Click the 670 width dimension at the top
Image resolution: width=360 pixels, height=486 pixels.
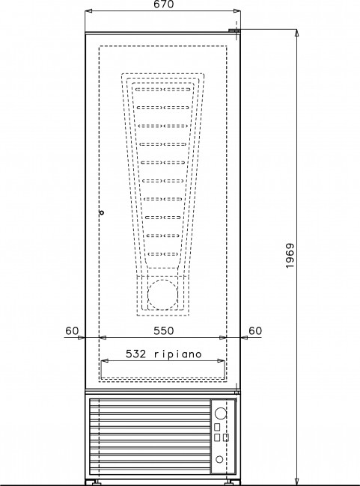[164, 4]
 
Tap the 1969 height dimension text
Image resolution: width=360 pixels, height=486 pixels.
[290, 256]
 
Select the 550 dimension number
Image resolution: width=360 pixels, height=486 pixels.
[164, 330]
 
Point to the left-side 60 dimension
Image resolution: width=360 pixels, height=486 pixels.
[72, 330]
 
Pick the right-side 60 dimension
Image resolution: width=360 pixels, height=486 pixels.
[255, 330]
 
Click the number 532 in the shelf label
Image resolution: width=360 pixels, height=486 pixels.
[135, 354]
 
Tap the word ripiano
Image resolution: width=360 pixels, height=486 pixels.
[178, 354]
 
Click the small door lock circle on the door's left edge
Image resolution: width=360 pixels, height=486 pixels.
[101, 212]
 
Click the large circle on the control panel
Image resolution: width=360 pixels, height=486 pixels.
[220, 413]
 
